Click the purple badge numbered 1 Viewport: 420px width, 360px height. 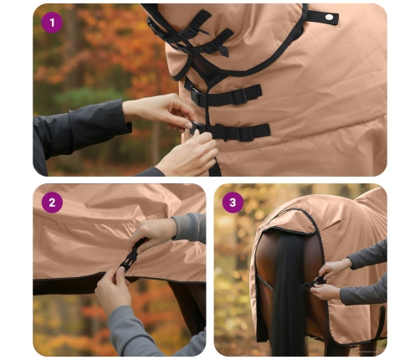pyautogui.click(x=53, y=23)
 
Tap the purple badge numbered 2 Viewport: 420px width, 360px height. pyautogui.click(x=53, y=203)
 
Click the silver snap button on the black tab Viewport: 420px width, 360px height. pyautogui.click(x=329, y=17)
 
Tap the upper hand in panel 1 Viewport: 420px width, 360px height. pyautogui.click(x=159, y=110)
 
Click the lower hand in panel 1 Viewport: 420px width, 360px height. pyautogui.click(x=188, y=155)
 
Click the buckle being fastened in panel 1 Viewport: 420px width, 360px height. pyautogui.click(x=198, y=129)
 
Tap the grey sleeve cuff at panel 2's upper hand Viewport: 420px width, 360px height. pyautogui.click(x=179, y=228)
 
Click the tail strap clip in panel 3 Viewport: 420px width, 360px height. pyautogui.click(x=317, y=282)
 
